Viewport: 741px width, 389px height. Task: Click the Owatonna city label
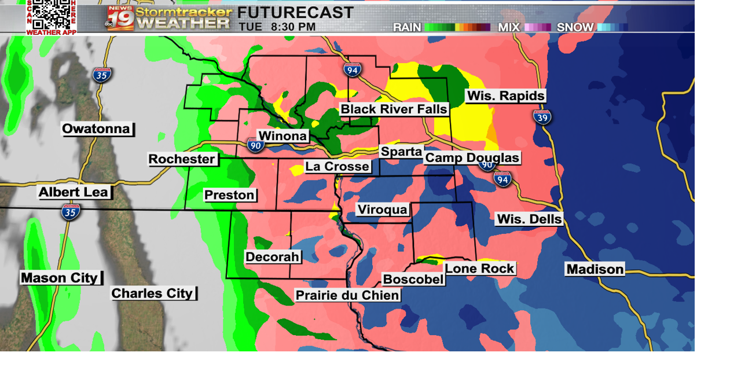(97, 129)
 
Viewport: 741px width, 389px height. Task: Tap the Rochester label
(182, 159)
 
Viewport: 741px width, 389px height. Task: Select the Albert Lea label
(74, 192)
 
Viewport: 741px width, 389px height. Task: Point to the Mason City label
(60, 278)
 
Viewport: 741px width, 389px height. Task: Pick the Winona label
(283, 136)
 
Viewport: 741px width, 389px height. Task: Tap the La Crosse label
(338, 167)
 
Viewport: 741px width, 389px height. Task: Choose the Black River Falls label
(394, 109)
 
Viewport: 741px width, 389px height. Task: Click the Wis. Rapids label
(505, 96)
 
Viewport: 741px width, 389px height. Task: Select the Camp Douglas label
(472, 158)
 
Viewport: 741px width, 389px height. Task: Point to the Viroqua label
(383, 210)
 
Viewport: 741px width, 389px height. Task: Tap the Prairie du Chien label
(347, 295)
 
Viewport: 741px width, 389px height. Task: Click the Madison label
(595, 269)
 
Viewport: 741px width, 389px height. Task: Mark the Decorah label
(272, 257)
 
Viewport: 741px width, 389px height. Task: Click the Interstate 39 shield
(542, 117)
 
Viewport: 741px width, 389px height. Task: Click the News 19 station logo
(120, 18)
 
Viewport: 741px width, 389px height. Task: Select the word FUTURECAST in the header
(295, 12)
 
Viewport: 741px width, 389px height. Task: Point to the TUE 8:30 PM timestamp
(277, 27)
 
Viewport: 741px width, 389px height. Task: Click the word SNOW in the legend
(575, 27)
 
